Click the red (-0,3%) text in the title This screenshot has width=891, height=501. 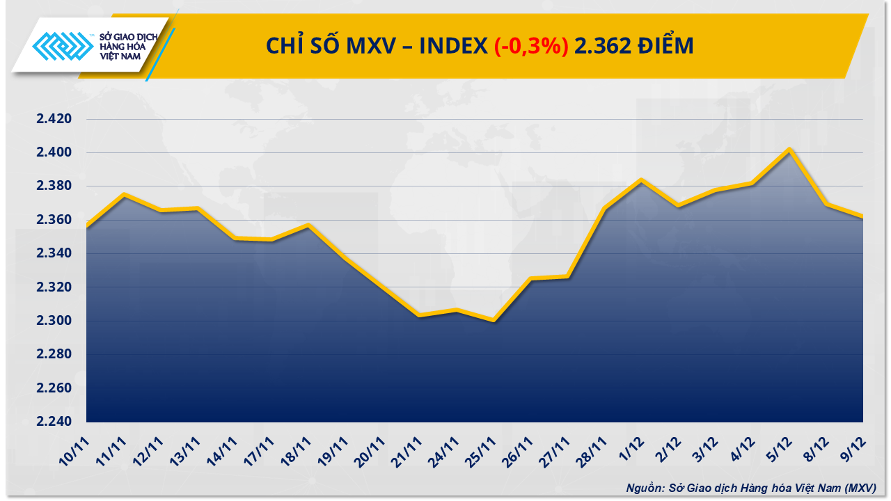531,46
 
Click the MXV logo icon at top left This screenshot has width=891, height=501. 63,47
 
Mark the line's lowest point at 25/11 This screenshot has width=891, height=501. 494,320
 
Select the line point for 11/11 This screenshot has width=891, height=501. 124,194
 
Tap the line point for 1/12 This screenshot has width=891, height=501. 641,180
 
